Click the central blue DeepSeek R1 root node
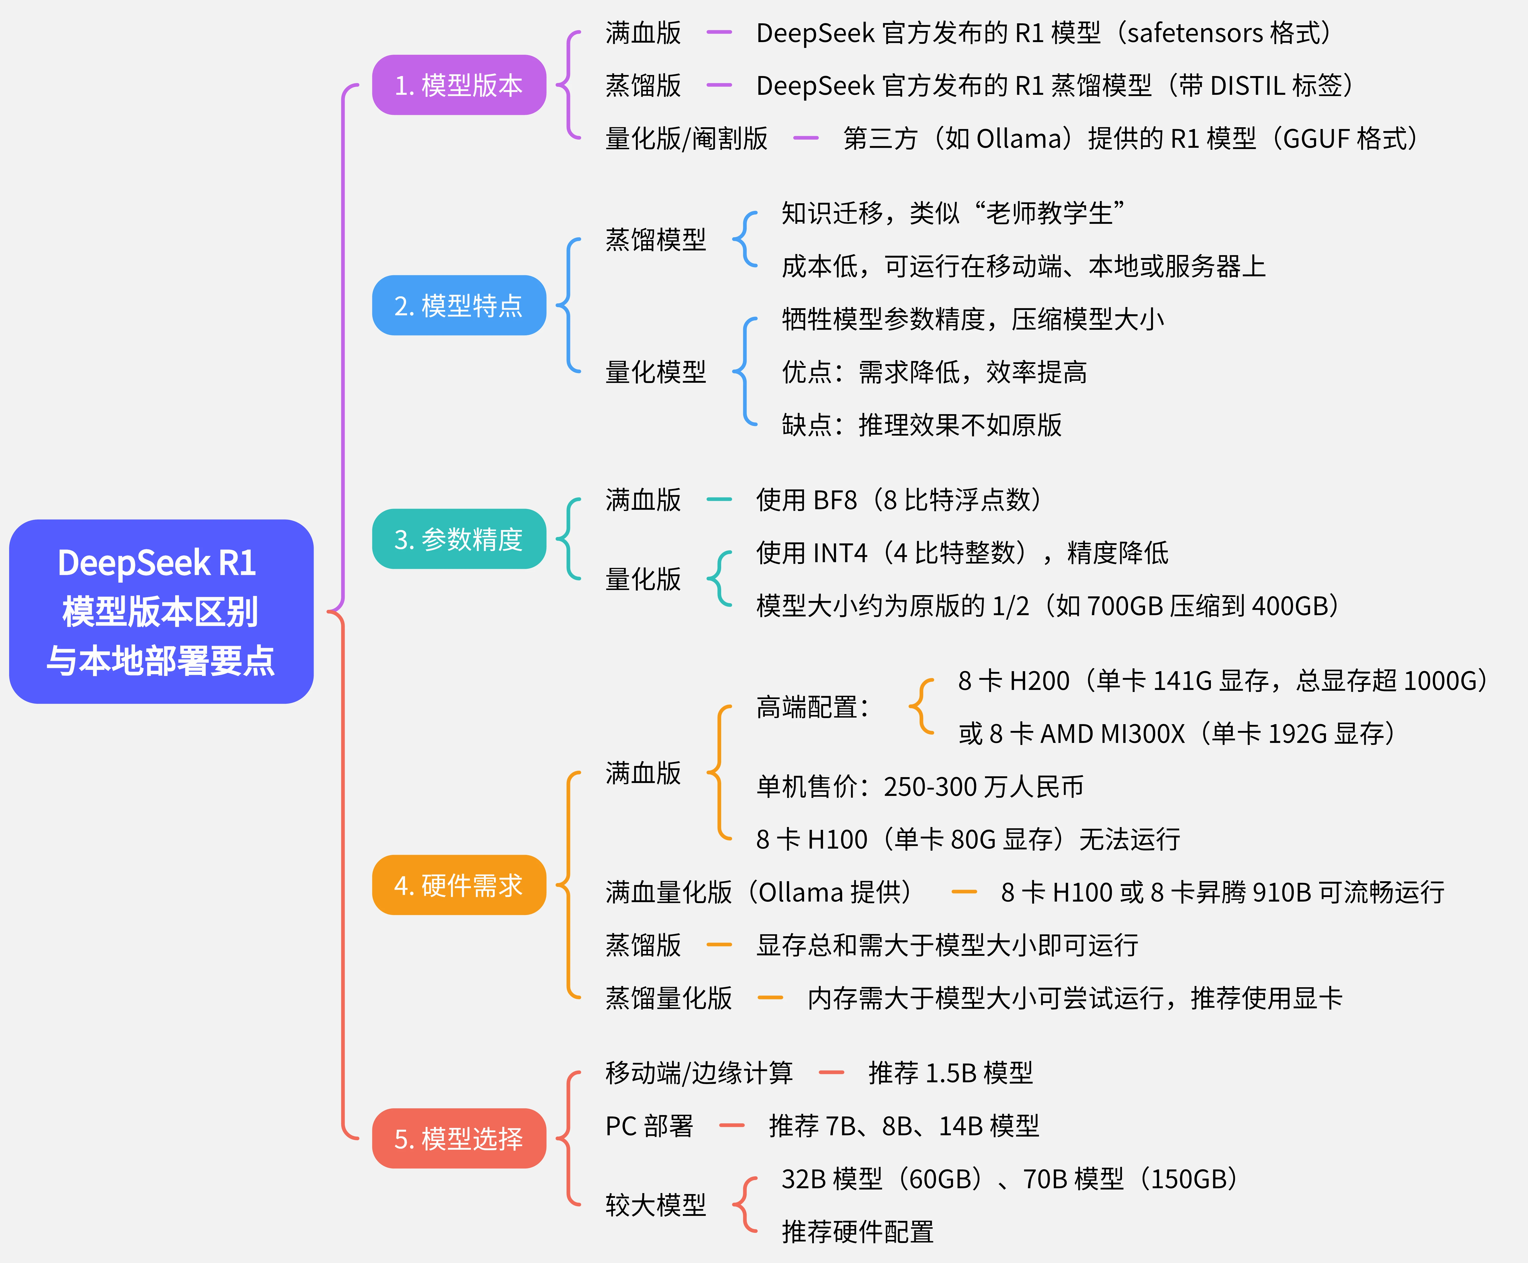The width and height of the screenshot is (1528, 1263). [161, 611]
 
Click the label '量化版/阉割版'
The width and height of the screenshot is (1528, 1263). [686, 138]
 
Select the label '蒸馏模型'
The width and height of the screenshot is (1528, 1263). [656, 239]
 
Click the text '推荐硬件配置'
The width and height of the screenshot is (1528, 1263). [857, 1232]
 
